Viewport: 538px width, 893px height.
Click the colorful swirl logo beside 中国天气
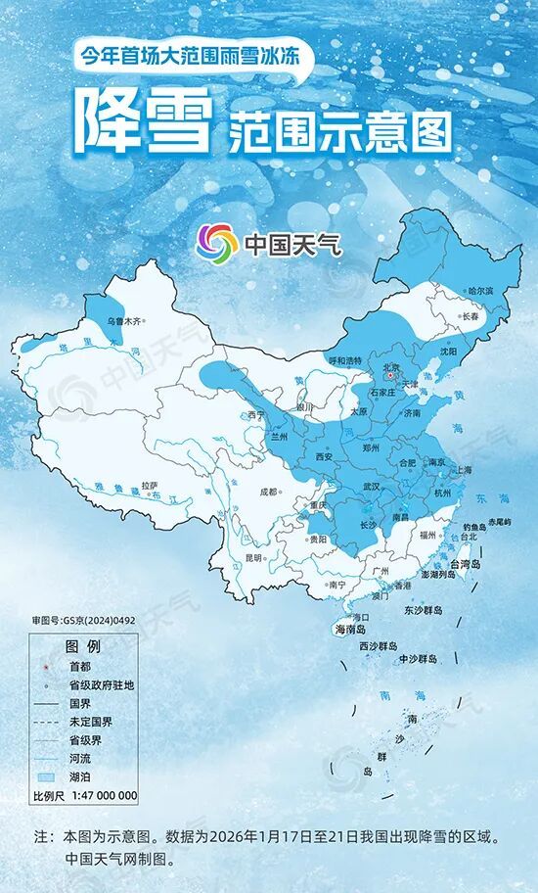(x=216, y=242)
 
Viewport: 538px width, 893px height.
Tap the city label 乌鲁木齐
(x=121, y=320)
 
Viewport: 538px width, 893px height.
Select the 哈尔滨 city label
(x=480, y=291)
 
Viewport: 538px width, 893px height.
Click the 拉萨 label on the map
(x=150, y=485)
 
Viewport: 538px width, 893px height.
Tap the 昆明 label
(x=253, y=557)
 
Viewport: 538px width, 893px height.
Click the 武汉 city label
(x=371, y=486)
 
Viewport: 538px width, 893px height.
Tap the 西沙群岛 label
(x=378, y=646)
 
